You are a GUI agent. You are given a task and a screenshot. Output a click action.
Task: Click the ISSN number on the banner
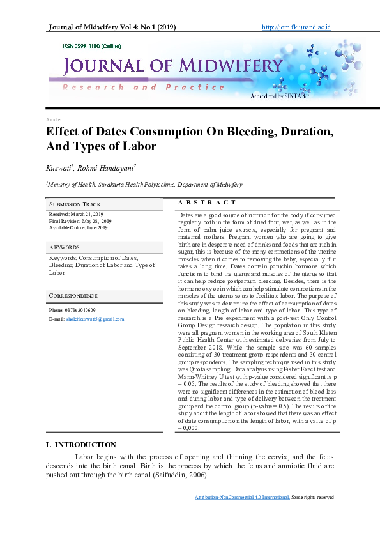[x=91, y=47]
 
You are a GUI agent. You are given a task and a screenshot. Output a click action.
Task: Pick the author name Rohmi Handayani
[x=108, y=167]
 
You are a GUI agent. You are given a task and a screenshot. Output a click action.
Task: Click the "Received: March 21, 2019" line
[x=76, y=214]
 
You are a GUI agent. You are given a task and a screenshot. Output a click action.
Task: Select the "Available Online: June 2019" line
[x=79, y=227]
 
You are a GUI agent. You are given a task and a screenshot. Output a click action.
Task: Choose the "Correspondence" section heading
[x=73, y=296]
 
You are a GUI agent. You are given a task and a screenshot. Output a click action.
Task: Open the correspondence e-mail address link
[x=95, y=318]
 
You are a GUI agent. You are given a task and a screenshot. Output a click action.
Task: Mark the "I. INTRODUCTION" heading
[x=81, y=445]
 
